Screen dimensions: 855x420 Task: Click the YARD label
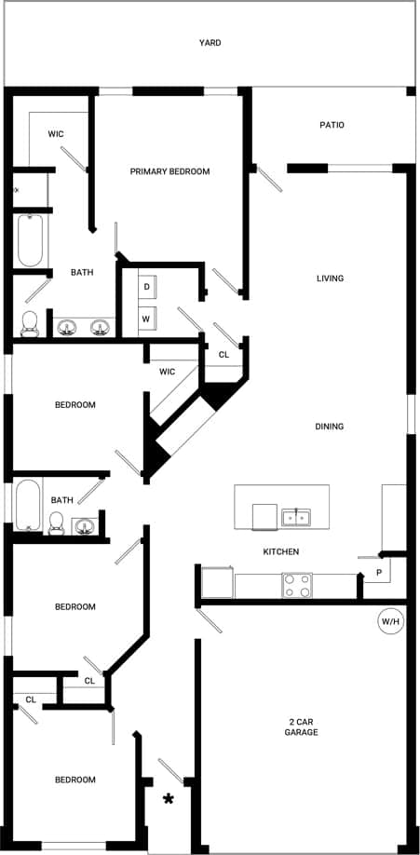coord(210,43)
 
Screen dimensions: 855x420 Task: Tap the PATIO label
coord(332,125)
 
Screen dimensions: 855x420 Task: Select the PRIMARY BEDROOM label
coord(169,171)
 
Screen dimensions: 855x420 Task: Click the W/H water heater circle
coord(389,621)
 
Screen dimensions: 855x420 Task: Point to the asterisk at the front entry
coord(169,799)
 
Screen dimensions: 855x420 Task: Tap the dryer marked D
coord(147,286)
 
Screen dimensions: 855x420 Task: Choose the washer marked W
coord(147,319)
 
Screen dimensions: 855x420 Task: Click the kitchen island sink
coord(297,515)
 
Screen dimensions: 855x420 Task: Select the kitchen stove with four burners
coord(297,585)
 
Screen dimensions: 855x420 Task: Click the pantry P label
coord(379,572)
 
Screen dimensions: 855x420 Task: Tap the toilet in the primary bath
coord(29,323)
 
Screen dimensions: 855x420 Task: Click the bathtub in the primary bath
coord(31,240)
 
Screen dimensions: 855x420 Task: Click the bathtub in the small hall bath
coord(28,505)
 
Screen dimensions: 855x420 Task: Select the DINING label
coord(330,427)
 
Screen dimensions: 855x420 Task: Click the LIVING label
coord(331,278)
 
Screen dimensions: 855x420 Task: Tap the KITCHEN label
coord(280,552)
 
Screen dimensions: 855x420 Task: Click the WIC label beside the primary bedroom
coord(56,134)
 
